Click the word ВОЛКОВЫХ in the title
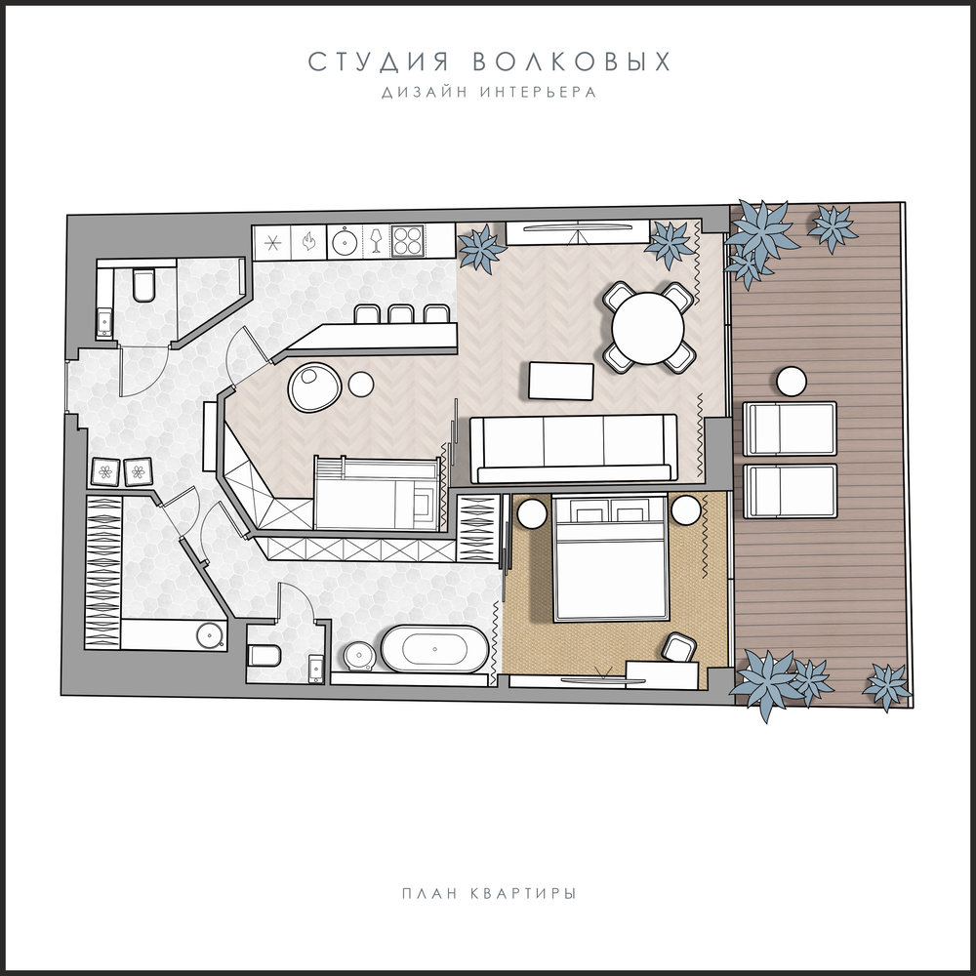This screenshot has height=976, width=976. point(571,61)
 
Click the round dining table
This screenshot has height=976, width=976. point(647,328)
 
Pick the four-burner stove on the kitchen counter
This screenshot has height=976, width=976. point(406,241)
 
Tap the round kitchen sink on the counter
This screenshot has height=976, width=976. point(344,241)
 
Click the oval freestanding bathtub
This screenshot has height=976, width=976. point(434,649)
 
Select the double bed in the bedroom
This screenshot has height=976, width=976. point(611,557)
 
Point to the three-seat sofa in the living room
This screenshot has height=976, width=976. point(573,449)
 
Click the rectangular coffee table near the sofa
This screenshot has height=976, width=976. point(561,381)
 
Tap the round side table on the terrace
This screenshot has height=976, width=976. point(792,381)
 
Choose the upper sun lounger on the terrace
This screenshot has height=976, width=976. point(790,429)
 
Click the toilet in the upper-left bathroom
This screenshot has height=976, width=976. point(143,286)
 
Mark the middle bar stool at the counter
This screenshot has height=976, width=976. point(400,313)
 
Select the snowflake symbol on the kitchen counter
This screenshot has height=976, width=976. point(272,242)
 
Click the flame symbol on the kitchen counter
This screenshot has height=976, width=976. point(308,241)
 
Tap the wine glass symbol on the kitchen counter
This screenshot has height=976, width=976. point(376,240)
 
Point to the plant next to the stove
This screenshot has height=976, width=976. point(481,248)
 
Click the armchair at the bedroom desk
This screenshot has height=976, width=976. point(678,648)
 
